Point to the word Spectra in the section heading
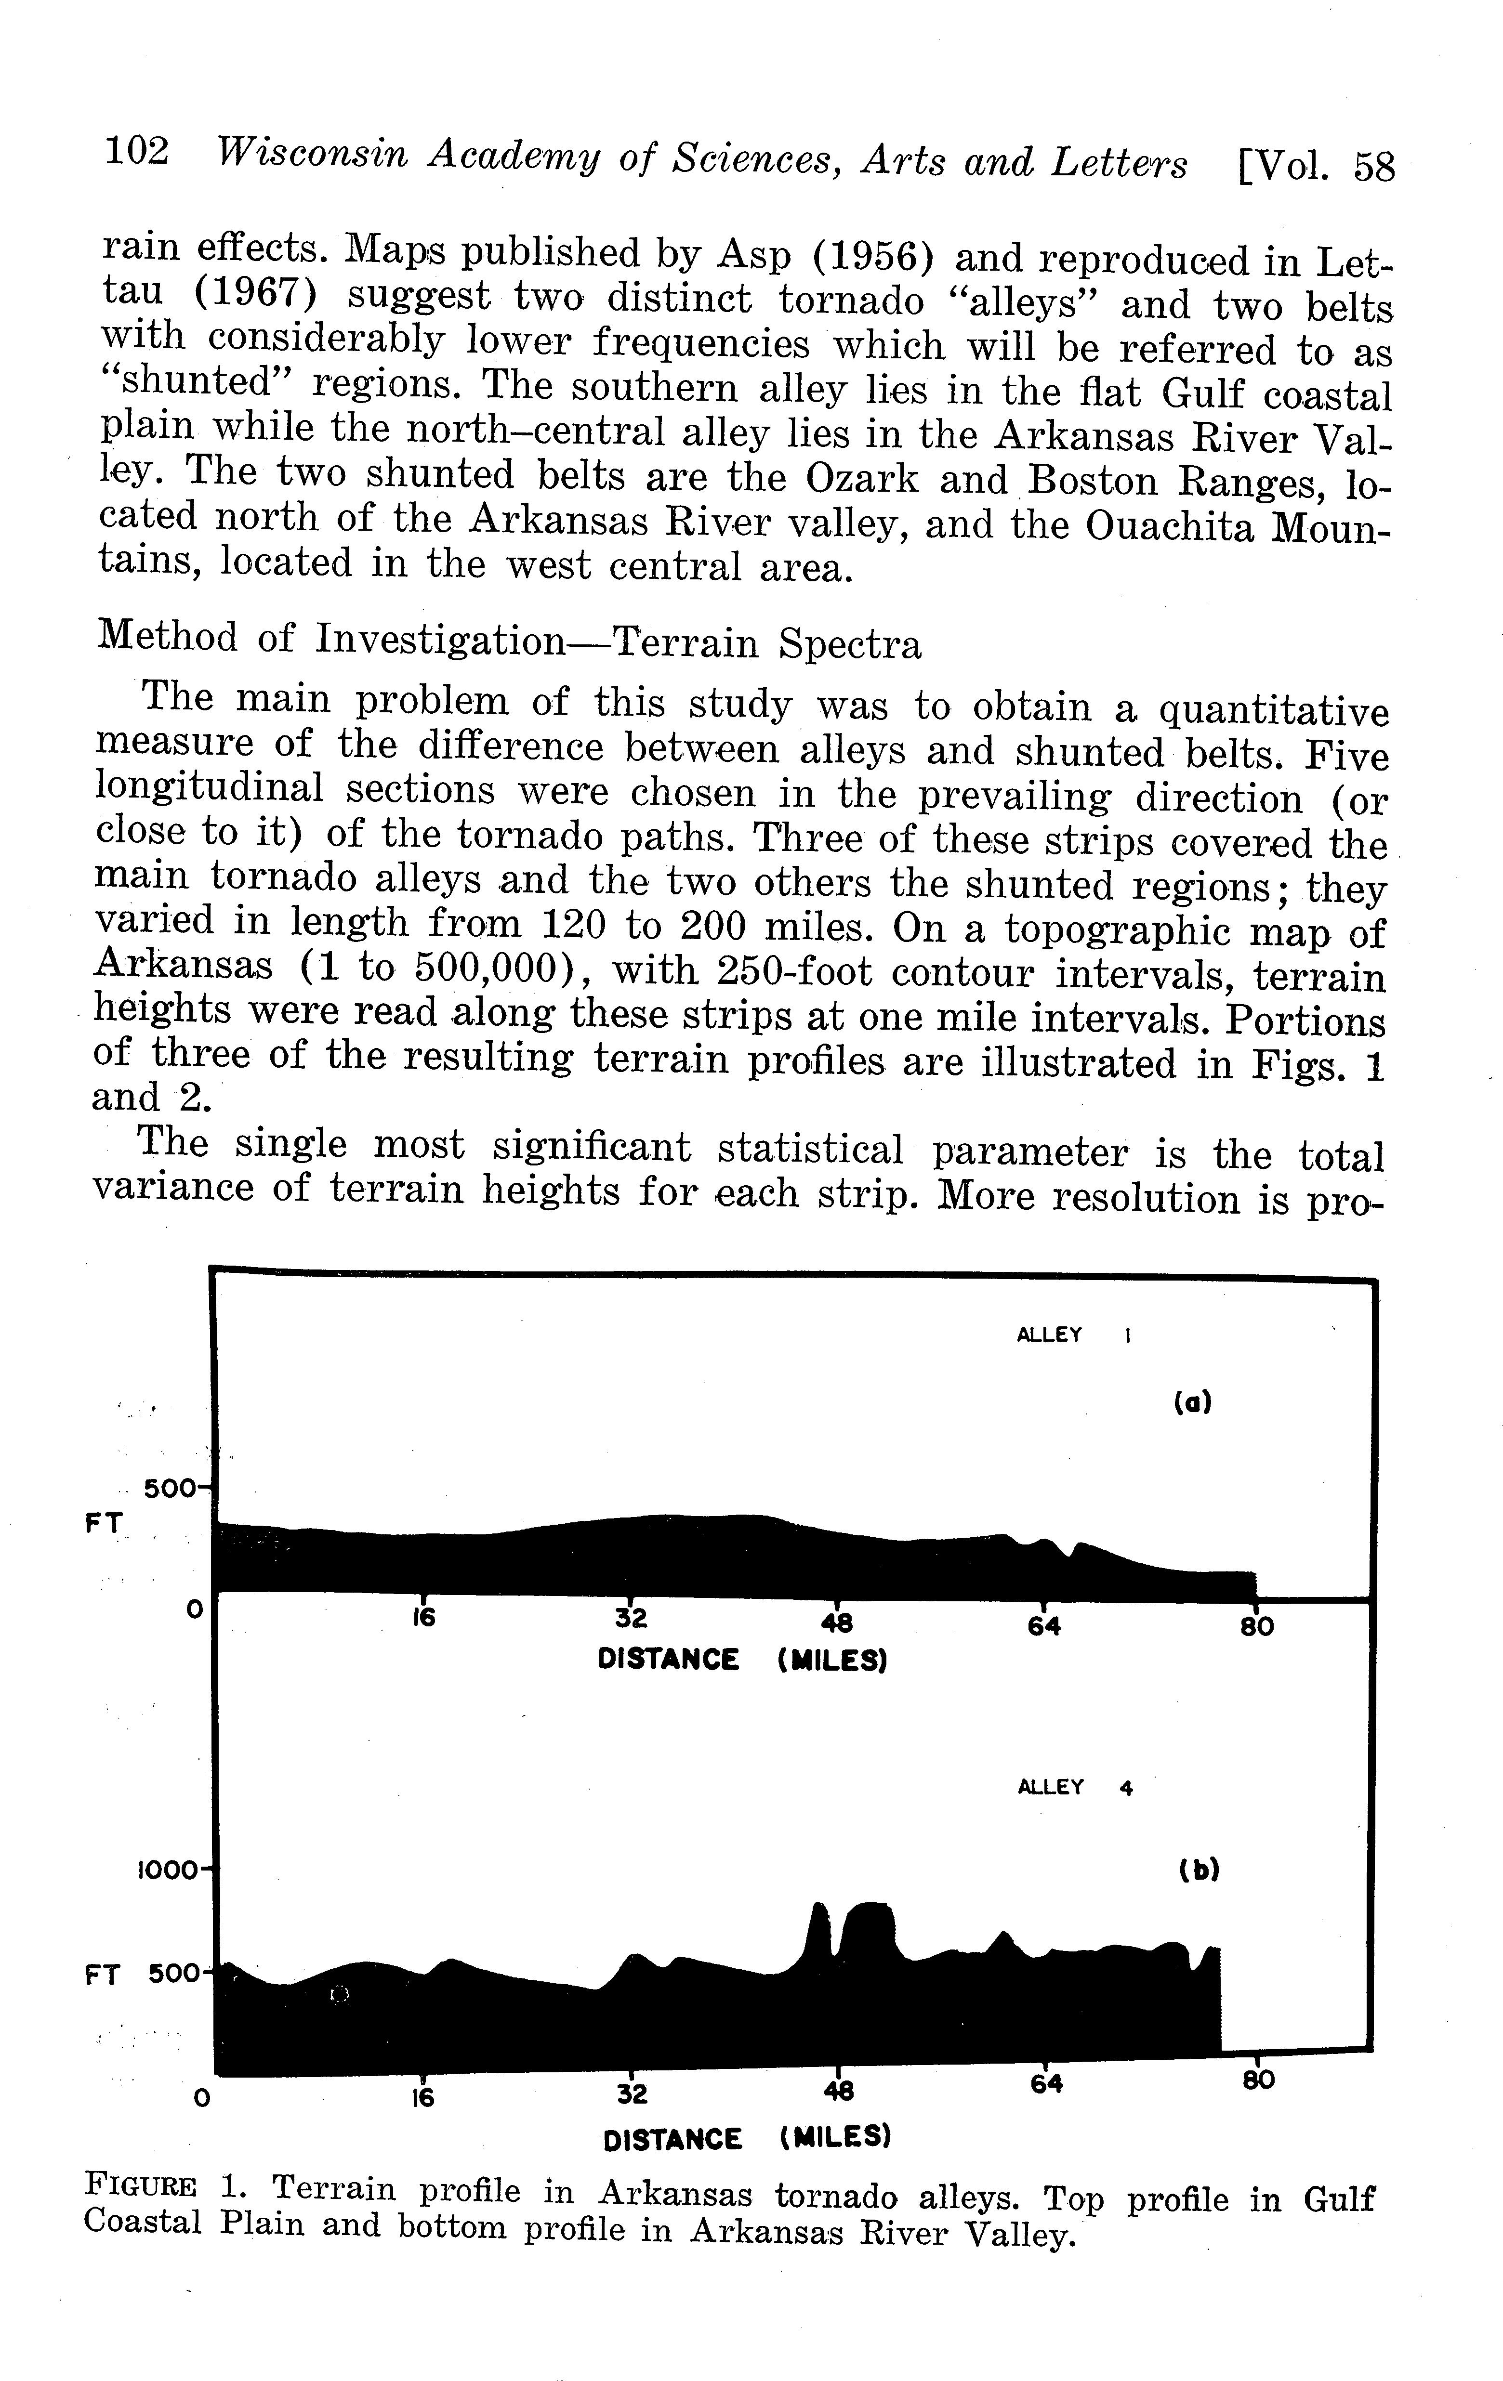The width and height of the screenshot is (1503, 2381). click(849, 645)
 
